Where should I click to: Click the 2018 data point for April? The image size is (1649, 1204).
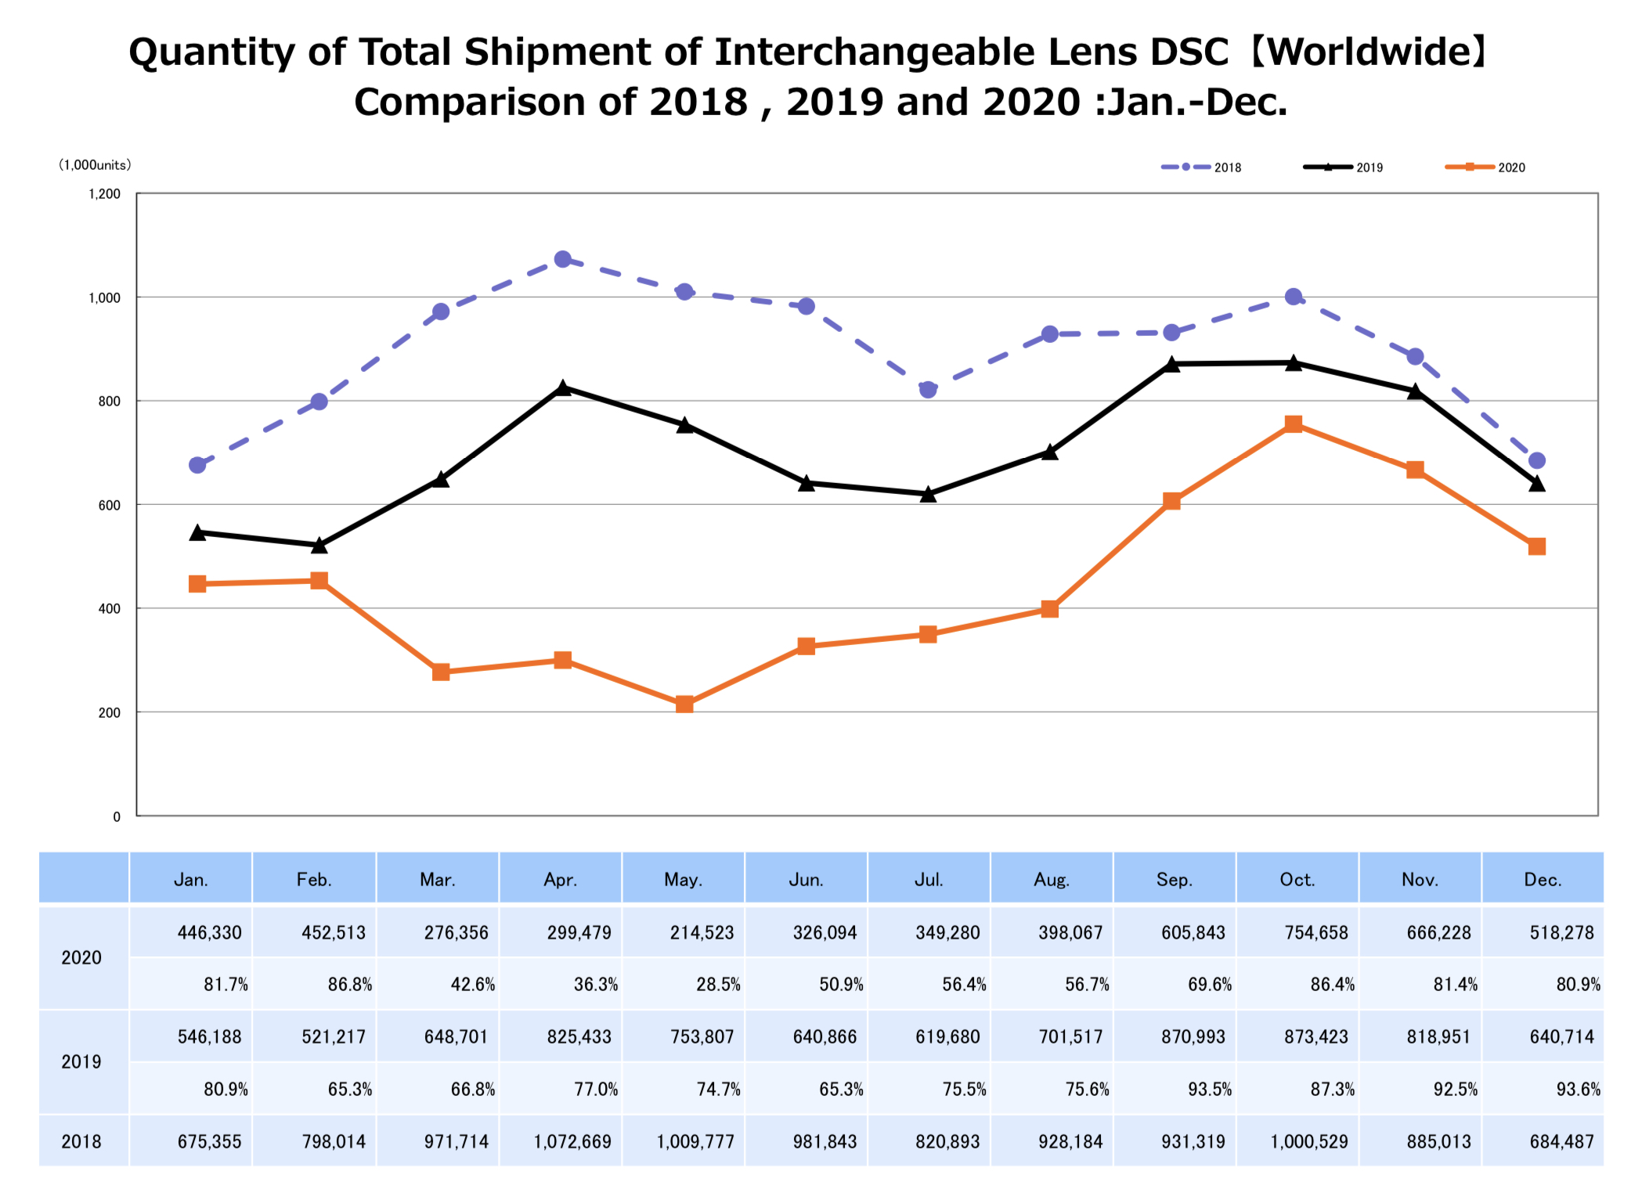tap(562, 259)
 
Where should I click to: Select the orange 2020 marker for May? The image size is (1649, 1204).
tap(684, 705)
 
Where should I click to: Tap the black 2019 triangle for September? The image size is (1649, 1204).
tap(1171, 365)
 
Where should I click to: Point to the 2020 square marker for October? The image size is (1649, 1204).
tap(1294, 424)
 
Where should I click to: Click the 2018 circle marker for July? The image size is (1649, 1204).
tap(928, 389)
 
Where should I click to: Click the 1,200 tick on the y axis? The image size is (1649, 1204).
tap(105, 194)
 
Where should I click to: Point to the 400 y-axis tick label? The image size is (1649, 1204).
tap(110, 609)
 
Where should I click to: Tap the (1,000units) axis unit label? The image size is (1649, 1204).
tap(96, 165)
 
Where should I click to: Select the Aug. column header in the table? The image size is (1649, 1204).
tap(1051, 880)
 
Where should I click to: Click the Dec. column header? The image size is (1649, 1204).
tap(1543, 880)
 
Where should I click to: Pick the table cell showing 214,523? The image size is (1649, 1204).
tap(702, 932)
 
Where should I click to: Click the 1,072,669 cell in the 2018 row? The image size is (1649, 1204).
tap(572, 1141)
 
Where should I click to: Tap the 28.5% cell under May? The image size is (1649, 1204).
tap(718, 984)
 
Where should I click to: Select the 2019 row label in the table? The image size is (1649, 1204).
tap(81, 1062)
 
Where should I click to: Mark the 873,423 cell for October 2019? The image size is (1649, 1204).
tap(1315, 1036)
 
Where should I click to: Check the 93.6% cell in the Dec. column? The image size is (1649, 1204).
tap(1578, 1089)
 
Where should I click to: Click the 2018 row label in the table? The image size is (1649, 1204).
tap(81, 1141)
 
